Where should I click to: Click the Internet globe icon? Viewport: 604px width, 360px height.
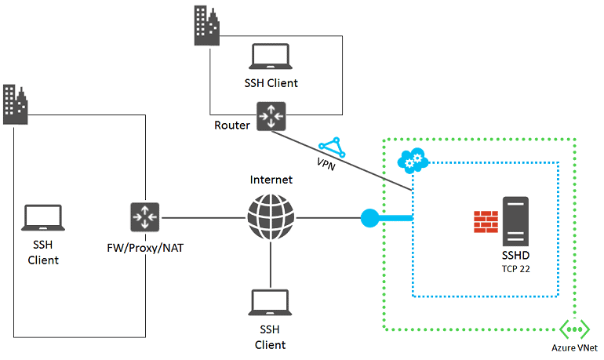pyautogui.click(x=271, y=216)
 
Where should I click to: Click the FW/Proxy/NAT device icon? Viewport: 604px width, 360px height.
pyautogui.click(x=145, y=216)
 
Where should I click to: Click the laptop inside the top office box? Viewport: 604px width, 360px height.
pyautogui.click(x=270, y=56)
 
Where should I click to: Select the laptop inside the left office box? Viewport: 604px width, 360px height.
pyautogui.click(x=43, y=216)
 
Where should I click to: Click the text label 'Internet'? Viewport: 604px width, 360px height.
pyautogui.click(x=271, y=180)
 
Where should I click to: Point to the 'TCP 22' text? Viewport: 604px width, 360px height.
pyautogui.click(x=517, y=268)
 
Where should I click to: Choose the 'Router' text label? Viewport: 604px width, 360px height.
pyautogui.click(x=232, y=125)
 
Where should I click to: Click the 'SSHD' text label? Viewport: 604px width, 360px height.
pyautogui.click(x=517, y=256)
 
